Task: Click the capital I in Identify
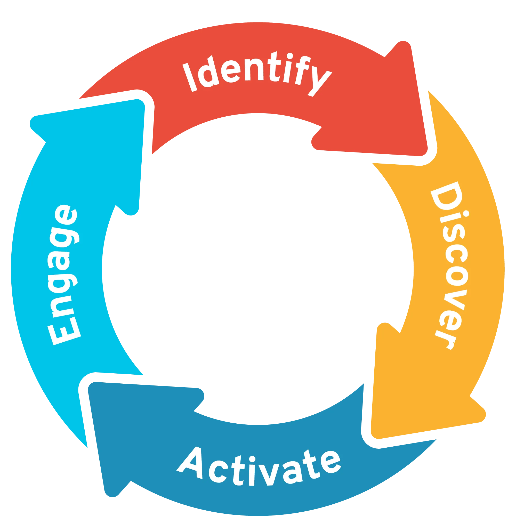190,77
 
